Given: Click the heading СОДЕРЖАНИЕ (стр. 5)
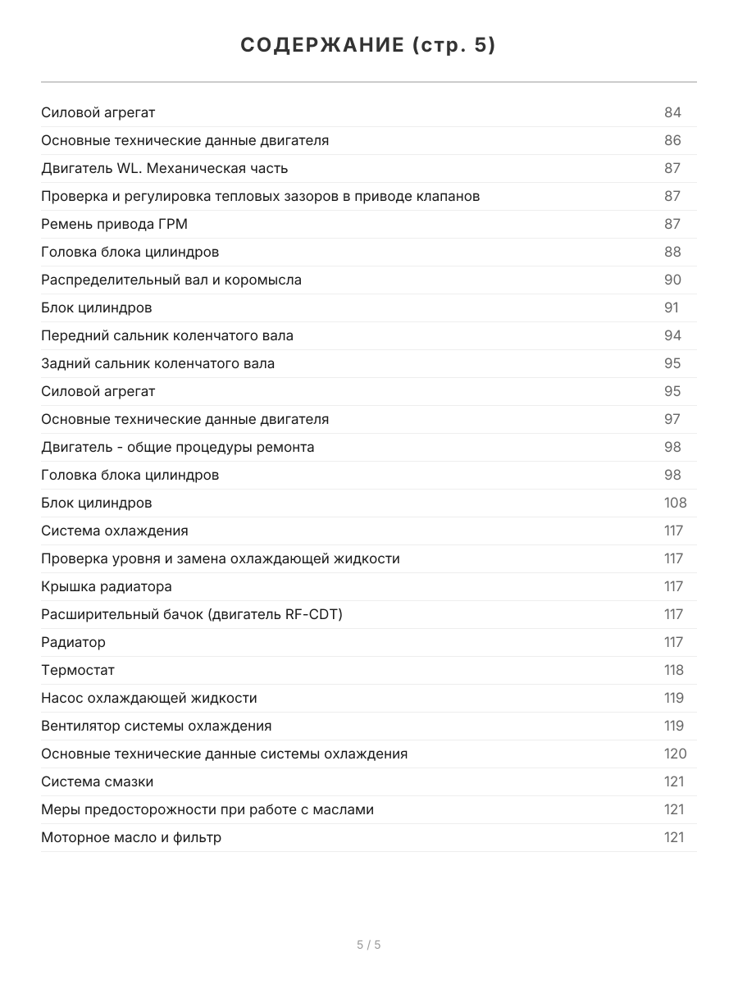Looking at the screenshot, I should pyautogui.click(x=368, y=46).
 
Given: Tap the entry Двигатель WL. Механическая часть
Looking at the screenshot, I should pyautogui.click(x=164, y=168).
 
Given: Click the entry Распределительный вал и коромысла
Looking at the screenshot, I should pyautogui.click(x=171, y=280).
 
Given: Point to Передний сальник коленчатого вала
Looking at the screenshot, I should pyautogui.click(x=166, y=335).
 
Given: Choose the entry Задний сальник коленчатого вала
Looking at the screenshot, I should pyautogui.click(x=157, y=363).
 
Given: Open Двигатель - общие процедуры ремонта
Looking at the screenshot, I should pyautogui.click(x=177, y=447).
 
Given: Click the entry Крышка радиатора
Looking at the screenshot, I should pyautogui.click(x=106, y=586).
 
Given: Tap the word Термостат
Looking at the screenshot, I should pyautogui.click(x=78, y=670).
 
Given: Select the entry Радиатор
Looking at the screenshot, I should pyautogui.click(x=73, y=642).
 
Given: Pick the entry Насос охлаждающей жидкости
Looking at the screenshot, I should pyautogui.click(x=148, y=698).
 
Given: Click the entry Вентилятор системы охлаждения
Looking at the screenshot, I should pyautogui.click(x=156, y=726).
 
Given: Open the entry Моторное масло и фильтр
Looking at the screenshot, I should pyautogui.click(x=130, y=837).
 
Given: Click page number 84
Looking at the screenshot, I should pyautogui.click(x=672, y=112).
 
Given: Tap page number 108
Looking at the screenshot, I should pyautogui.click(x=675, y=503).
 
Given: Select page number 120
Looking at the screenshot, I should pyautogui.click(x=675, y=754).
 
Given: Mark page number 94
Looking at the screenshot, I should pyautogui.click(x=672, y=335).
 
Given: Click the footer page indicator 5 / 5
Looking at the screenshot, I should pyautogui.click(x=368, y=945).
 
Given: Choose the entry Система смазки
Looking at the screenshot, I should pyautogui.click(x=97, y=781).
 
